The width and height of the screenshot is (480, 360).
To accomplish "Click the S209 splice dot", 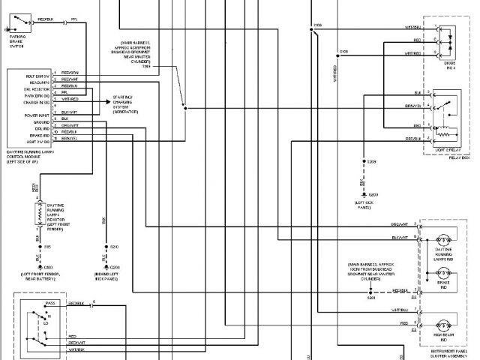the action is click(x=362, y=162).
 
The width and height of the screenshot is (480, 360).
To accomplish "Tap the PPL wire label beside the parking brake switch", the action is click(x=73, y=17).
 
